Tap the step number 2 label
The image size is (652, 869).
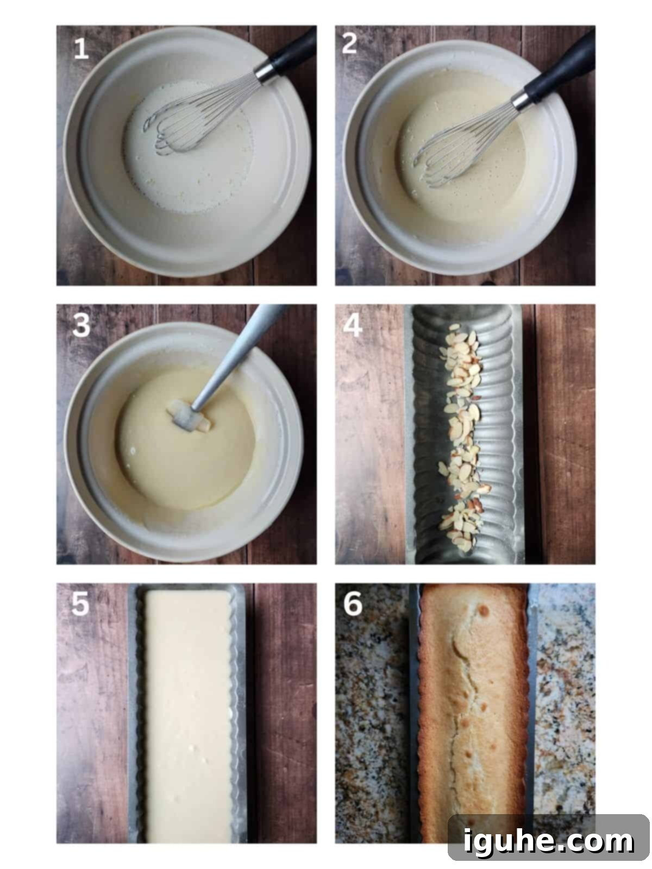[350, 44]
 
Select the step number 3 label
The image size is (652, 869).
[81, 326]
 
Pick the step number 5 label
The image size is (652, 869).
[80, 604]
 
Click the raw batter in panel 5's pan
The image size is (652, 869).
[187, 717]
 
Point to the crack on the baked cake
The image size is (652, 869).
[462, 706]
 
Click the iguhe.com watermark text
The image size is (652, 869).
[549, 840]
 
